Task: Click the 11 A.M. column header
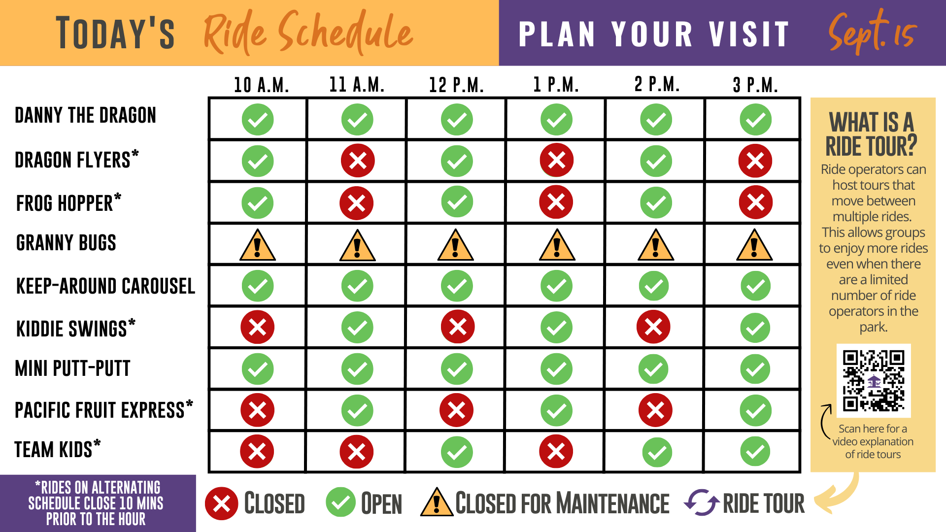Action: tap(357, 85)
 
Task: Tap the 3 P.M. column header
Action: tap(755, 85)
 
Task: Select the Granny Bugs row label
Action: tap(66, 243)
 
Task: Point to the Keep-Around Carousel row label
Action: tap(105, 286)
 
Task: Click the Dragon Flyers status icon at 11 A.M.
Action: tap(358, 161)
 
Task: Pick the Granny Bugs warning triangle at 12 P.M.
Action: tap(455, 245)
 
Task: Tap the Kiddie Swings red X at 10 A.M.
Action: tap(257, 327)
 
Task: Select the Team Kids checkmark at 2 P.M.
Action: tap(657, 452)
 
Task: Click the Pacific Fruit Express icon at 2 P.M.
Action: tap(655, 410)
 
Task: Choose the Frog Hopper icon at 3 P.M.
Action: tap(756, 202)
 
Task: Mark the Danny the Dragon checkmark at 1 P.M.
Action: tap(556, 119)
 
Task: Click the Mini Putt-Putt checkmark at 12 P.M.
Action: tap(457, 369)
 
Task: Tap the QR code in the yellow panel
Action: tap(874, 381)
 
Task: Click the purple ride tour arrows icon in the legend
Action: tap(702, 502)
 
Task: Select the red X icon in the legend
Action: tap(222, 503)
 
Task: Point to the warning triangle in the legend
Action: tap(437, 502)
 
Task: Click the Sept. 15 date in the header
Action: tap(872, 32)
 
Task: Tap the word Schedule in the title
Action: tap(345, 33)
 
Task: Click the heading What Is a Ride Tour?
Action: tap(872, 134)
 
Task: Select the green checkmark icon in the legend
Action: tap(340, 502)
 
